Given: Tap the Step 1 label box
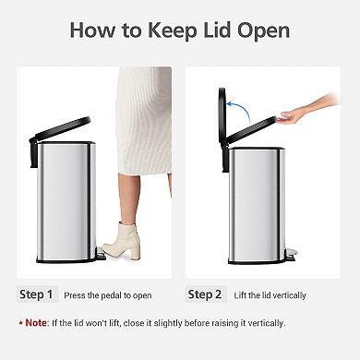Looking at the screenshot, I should (38, 295).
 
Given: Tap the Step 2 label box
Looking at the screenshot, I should (206, 295).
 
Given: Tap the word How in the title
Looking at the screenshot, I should (92, 31).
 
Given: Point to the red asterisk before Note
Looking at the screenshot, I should (20, 322).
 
